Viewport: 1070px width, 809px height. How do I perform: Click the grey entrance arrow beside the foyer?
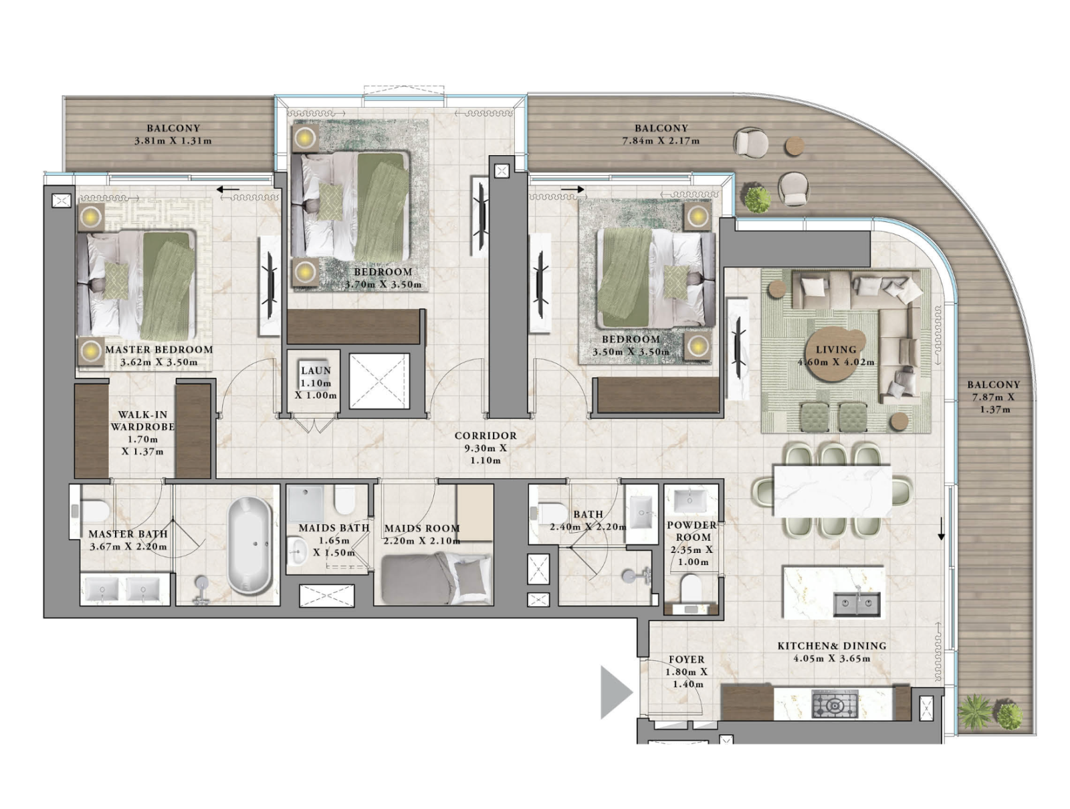click(614, 692)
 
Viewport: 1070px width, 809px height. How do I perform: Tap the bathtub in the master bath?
click(249, 545)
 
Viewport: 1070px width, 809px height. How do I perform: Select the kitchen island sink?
click(857, 604)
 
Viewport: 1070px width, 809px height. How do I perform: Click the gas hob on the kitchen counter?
click(834, 705)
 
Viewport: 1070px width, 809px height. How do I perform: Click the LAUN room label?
click(316, 370)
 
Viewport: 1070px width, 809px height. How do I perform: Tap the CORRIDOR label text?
click(486, 435)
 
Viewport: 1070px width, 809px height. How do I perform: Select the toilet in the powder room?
click(689, 589)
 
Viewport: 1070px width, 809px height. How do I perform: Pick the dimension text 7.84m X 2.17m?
click(661, 140)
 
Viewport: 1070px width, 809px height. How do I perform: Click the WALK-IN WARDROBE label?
click(142, 421)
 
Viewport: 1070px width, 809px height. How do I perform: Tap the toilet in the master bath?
click(94, 511)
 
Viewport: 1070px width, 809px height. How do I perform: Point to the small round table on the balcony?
click(794, 146)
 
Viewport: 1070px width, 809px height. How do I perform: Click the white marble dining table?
click(831, 490)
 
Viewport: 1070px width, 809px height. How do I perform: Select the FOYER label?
click(686, 659)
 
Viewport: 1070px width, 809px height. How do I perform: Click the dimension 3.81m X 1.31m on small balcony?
click(173, 140)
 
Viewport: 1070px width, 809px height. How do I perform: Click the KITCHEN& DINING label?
click(831, 646)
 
